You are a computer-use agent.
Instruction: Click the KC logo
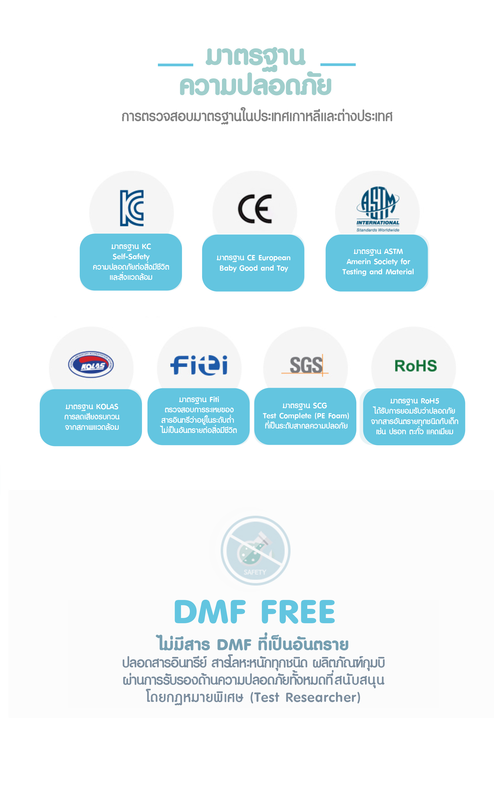point(132,208)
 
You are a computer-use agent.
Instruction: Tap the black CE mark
point(255,209)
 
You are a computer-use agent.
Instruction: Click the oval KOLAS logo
point(91,365)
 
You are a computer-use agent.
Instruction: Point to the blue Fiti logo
point(199,365)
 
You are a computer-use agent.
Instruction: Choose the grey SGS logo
point(305,365)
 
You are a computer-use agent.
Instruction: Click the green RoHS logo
point(415,366)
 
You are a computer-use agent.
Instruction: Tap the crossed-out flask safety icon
point(255,550)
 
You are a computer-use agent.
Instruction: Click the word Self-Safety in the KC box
point(131,257)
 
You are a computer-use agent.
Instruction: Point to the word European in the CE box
point(274,258)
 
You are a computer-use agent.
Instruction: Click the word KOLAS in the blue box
point(107,407)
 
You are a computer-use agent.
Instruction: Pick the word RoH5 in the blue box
point(430,401)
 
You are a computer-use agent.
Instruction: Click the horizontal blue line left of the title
point(175,65)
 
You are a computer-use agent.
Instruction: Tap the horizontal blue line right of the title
point(338,65)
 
